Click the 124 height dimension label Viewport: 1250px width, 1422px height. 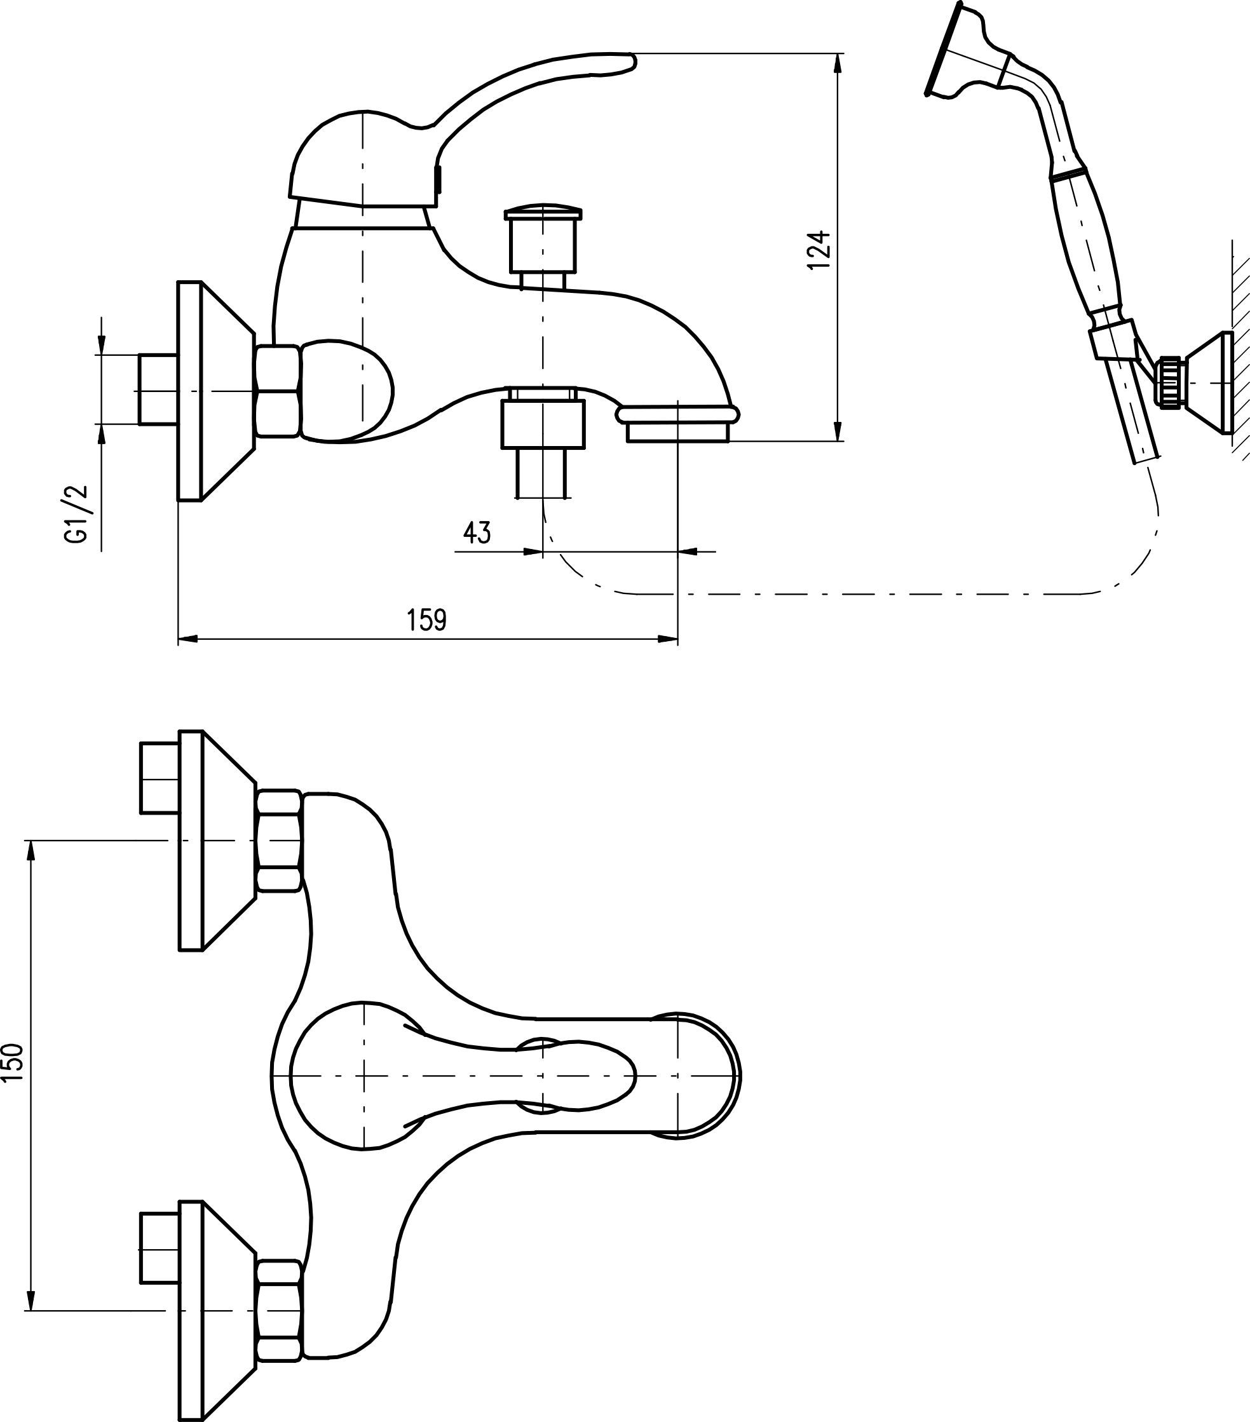(821, 249)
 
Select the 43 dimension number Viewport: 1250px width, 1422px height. (477, 533)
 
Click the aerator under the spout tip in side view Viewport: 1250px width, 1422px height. (677, 432)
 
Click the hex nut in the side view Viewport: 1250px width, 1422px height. (278, 391)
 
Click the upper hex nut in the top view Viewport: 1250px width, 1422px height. (279, 841)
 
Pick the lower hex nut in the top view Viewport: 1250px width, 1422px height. (279, 1311)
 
